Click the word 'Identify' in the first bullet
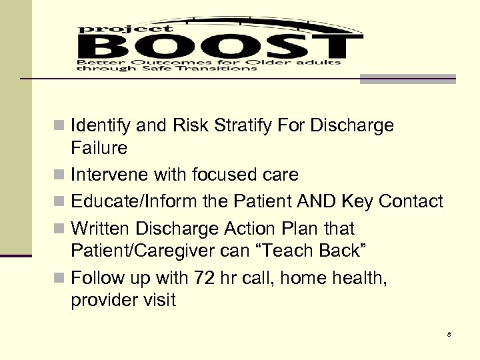click(x=99, y=126)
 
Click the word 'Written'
click(x=101, y=229)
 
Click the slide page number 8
click(x=449, y=334)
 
